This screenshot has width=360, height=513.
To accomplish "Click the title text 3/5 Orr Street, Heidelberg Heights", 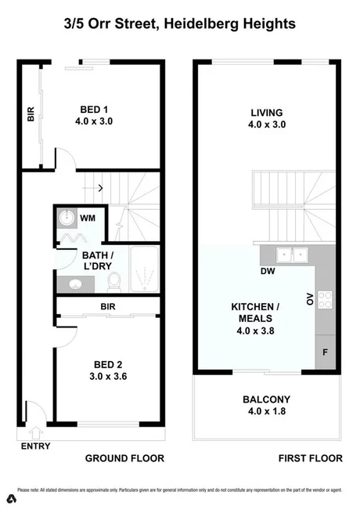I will click(180, 24).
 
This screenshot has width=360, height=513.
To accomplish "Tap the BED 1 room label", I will click(99, 116).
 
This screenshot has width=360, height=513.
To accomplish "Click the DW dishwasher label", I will click(267, 272).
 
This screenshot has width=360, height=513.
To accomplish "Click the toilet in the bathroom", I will click(114, 280).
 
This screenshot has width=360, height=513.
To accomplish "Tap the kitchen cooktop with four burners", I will click(326, 298).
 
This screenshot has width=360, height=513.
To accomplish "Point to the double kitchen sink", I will click(294, 254).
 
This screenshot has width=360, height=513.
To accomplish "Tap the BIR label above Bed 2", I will click(106, 307).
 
